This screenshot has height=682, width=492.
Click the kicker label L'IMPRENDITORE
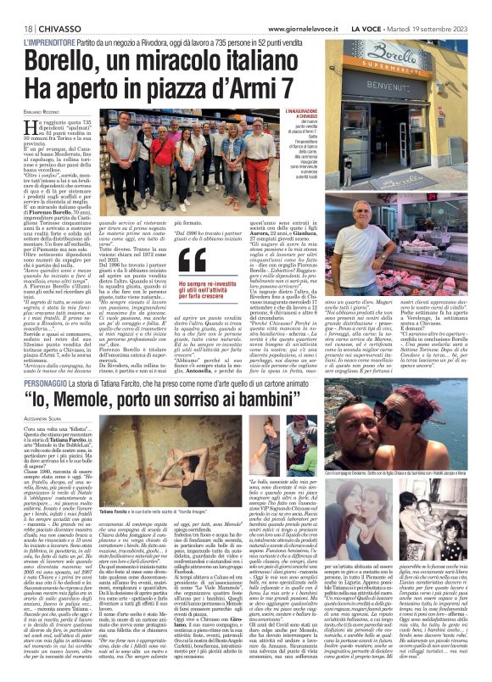coord(54,42)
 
